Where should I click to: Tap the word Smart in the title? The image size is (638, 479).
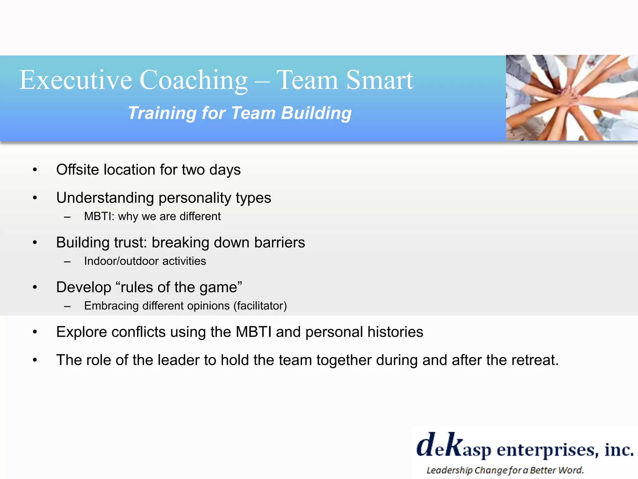(x=379, y=80)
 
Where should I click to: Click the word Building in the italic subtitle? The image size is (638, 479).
(x=316, y=113)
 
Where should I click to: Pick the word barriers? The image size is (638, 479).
(x=279, y=242)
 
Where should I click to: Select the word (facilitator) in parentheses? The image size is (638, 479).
(x=260, y=306)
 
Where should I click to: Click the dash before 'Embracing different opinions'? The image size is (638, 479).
(x=67, y=307)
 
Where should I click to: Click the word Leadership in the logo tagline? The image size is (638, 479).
(x=449, y=470)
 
